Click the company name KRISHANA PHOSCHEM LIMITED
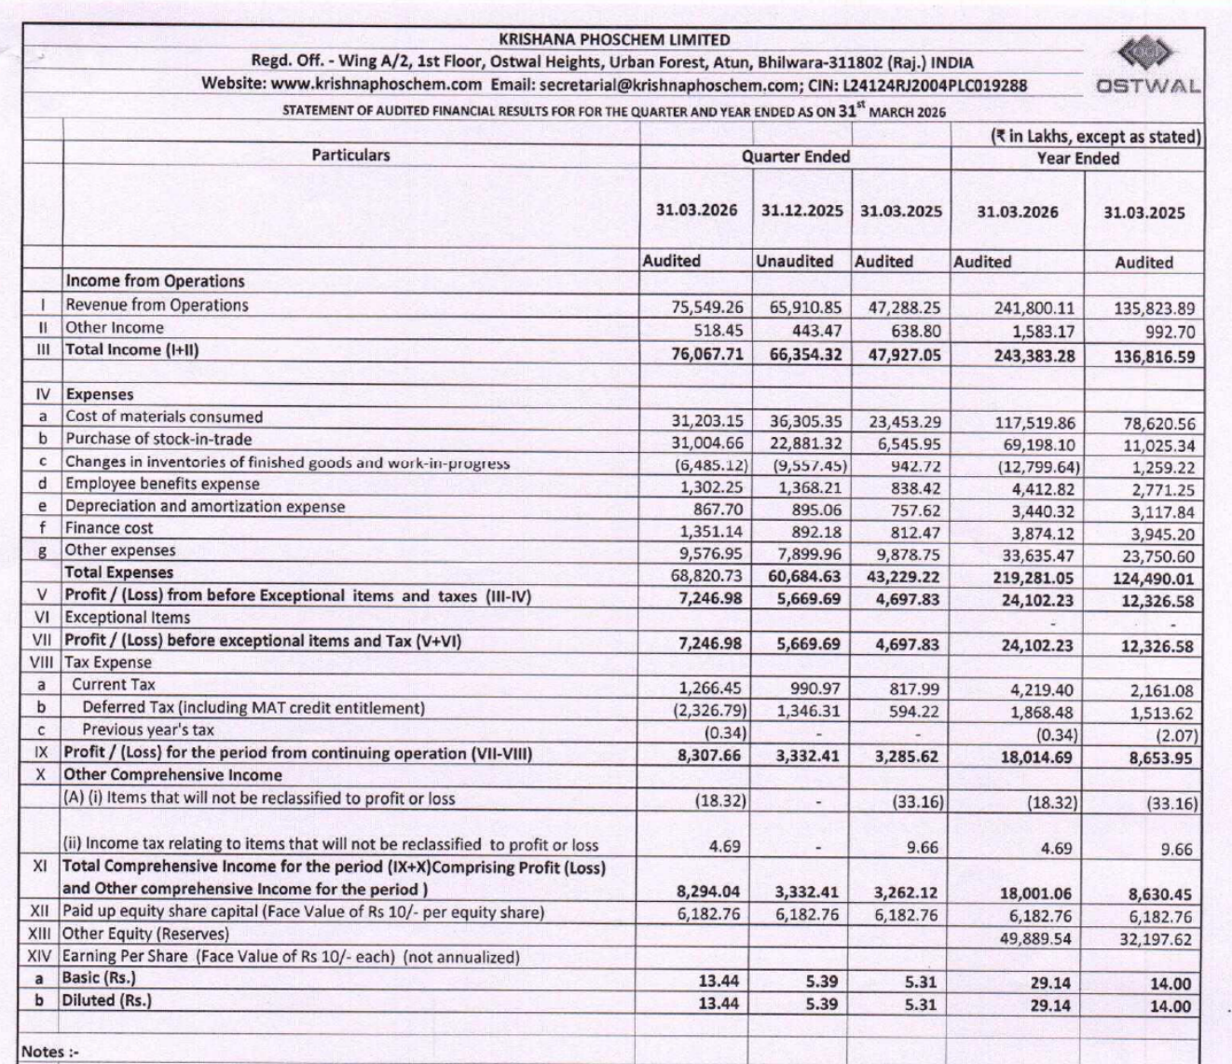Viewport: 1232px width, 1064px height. point(614,40)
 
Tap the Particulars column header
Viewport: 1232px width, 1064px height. point(350,156)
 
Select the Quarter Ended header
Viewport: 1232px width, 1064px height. point(795,157)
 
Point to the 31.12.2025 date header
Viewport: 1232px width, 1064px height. point(801,211)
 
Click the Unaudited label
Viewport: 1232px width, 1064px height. point(794,262)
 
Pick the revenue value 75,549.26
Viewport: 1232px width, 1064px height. point(707,307)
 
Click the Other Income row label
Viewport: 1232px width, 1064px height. point(114,328)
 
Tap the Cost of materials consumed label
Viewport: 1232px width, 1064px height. point(164,417)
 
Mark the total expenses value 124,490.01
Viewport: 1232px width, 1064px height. point(1153,579)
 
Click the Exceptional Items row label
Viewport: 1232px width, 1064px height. point(127,618)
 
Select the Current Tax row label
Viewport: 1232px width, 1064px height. point(114,685)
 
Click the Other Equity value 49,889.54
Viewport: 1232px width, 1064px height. point(1035,938)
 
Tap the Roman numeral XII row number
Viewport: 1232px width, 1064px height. point(39,911)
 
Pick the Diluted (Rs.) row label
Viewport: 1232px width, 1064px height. point(106,1001)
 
